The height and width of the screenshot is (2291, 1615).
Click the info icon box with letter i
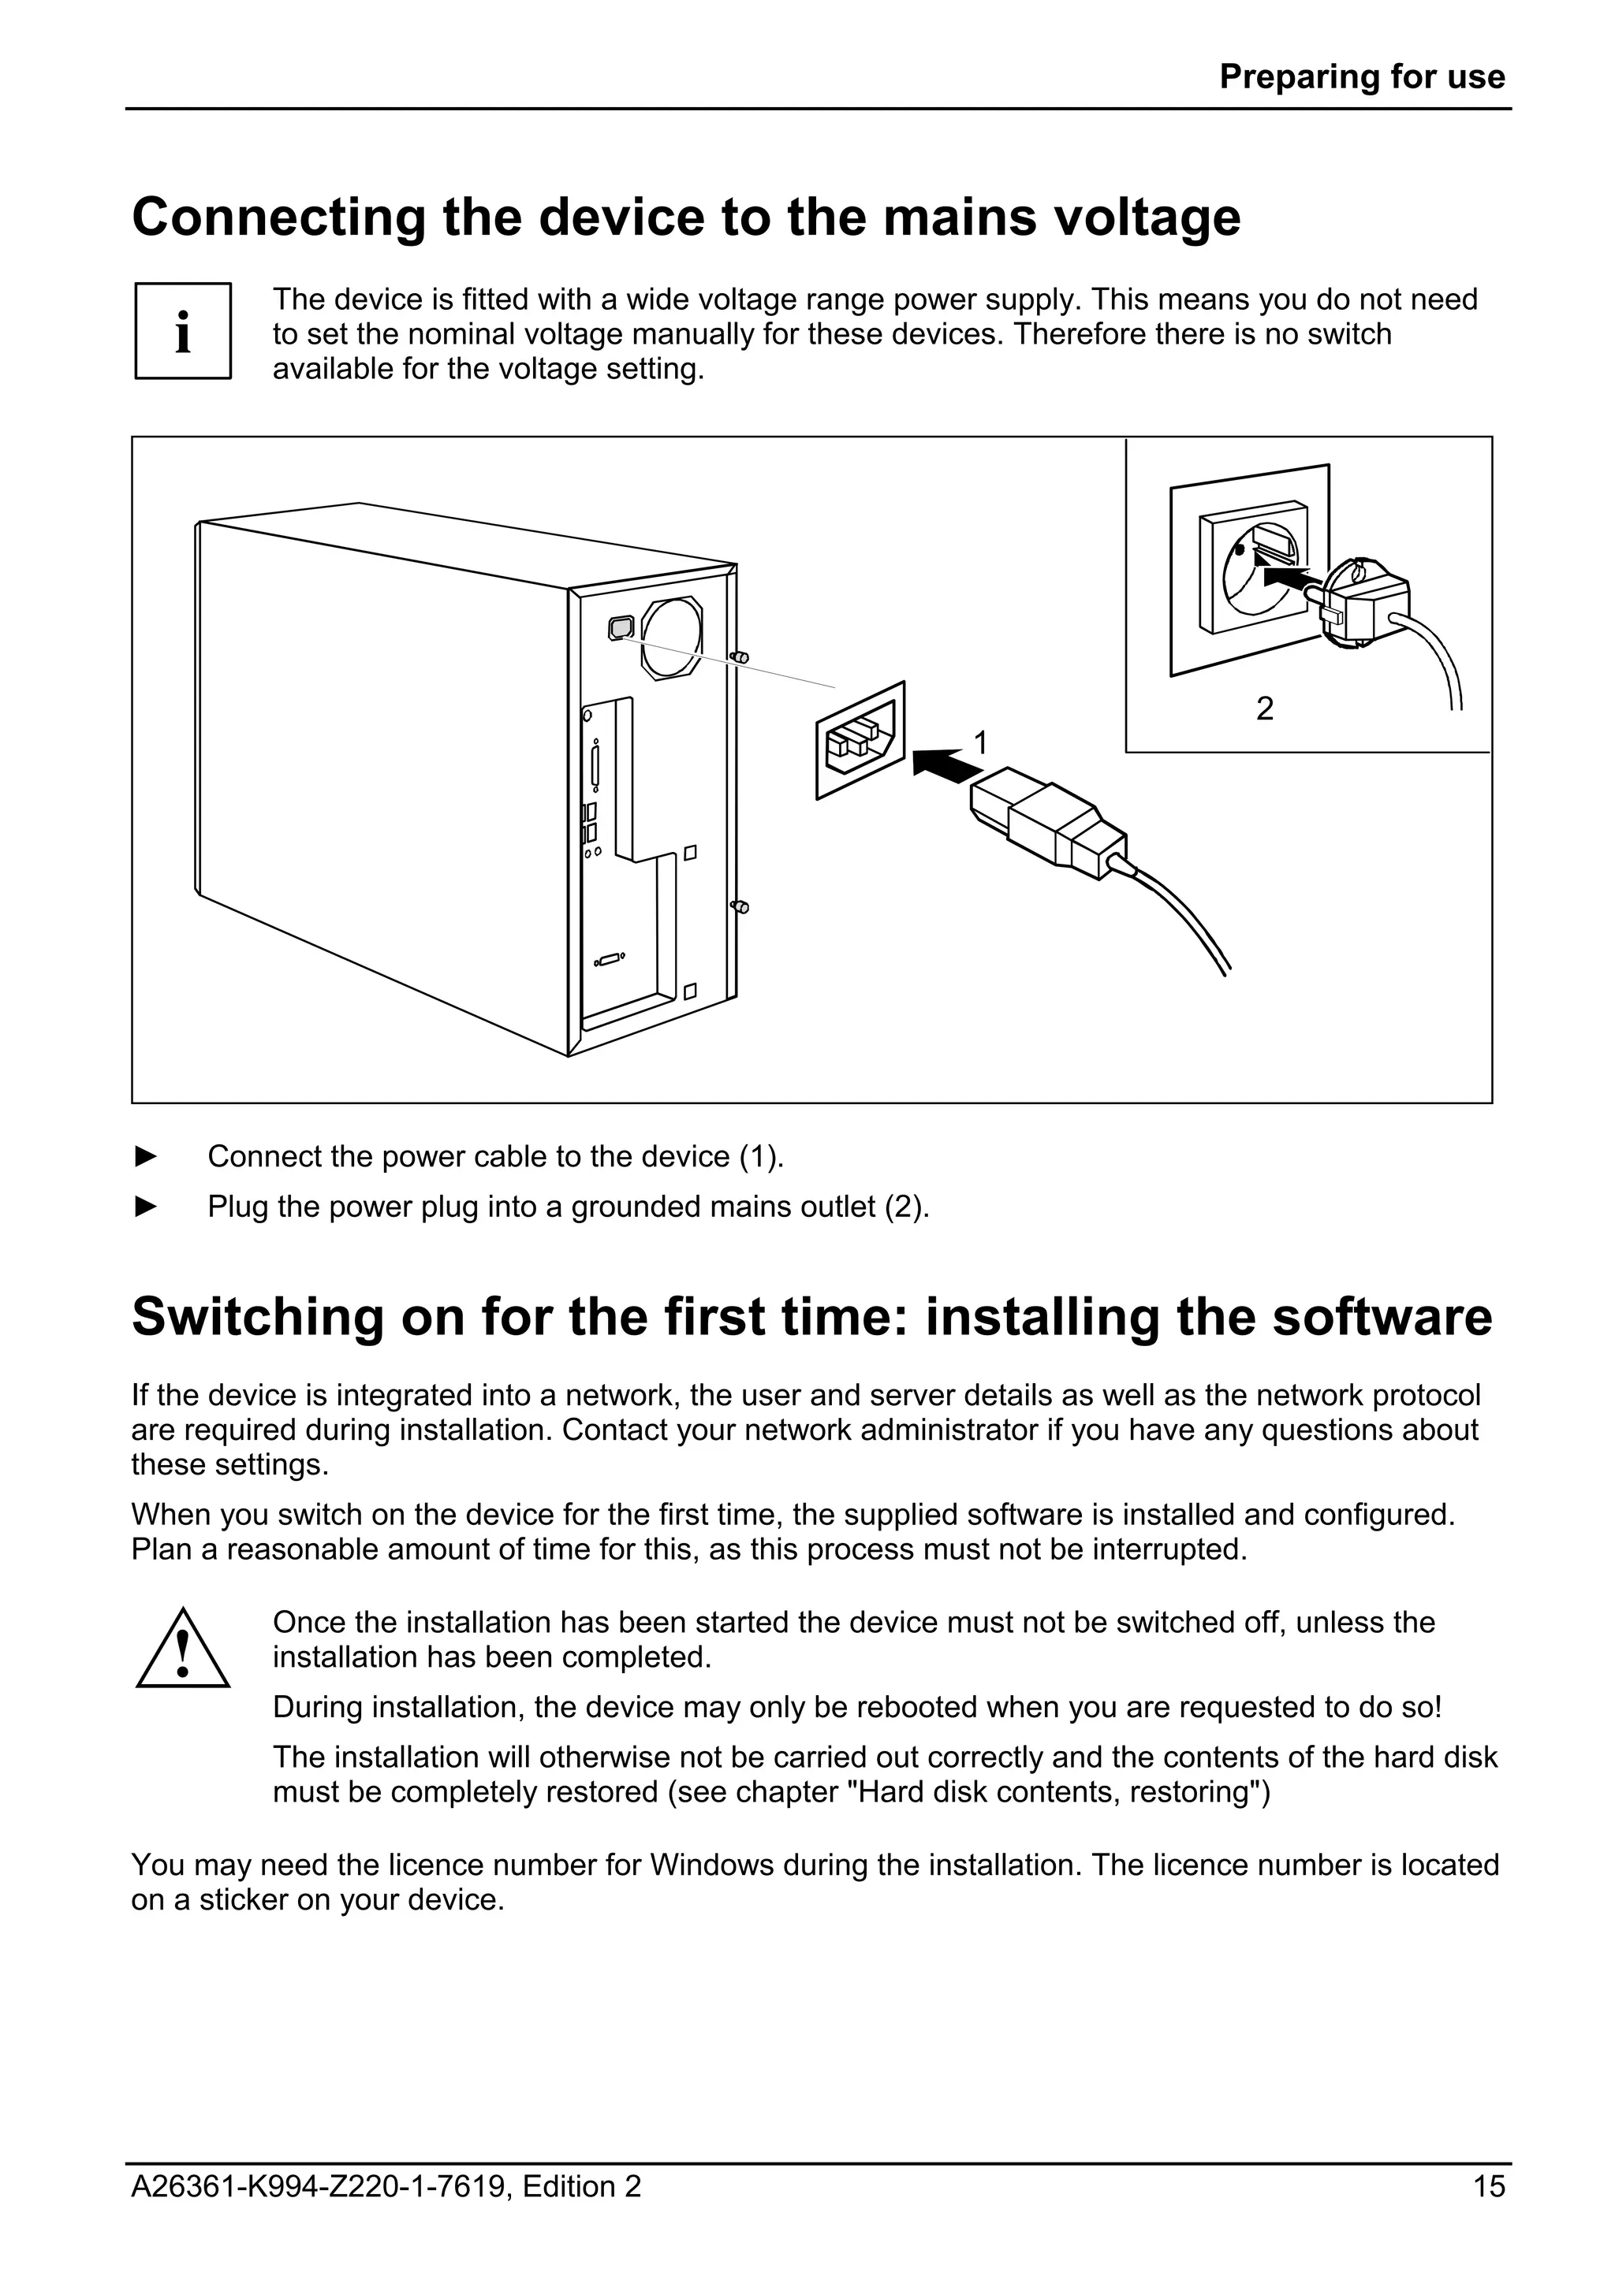(183, 331)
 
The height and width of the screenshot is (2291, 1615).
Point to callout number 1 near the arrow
(980, 742)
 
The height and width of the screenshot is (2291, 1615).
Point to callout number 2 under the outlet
(1265, 708)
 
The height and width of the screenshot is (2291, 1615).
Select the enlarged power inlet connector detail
(860, 740)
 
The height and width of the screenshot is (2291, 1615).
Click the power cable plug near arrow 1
(1048, 821)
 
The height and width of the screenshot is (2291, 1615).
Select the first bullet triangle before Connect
(146, 1156)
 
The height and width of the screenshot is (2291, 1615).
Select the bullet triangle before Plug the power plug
(146, 1207)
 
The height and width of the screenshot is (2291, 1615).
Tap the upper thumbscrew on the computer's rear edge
(740, 657)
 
